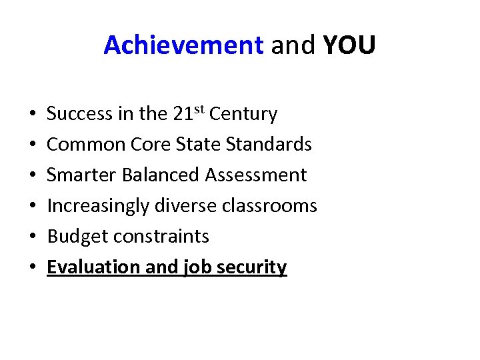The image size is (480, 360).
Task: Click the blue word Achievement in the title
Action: coord(183,45)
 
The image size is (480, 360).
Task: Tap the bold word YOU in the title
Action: coord(349,45)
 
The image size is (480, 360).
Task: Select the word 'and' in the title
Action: coord(293,45)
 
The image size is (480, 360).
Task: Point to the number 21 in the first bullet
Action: coord(183,114)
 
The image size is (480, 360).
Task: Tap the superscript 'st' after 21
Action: coord(199,109)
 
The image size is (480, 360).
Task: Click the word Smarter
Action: coord(81,175)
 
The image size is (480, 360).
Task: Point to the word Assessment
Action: coord(256,175)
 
